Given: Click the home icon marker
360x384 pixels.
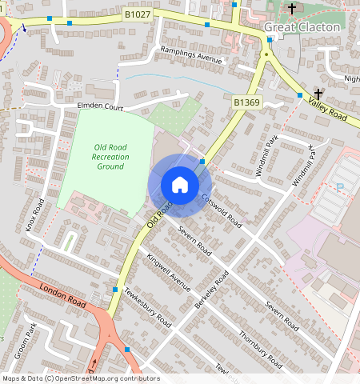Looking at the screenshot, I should point(180,185).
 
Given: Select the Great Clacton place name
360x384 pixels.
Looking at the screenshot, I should point(302,27).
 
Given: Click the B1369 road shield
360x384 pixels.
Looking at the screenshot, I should point(247,102).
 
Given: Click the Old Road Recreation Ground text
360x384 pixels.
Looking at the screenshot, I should point(110,156).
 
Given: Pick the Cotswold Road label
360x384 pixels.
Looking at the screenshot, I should point(221,210).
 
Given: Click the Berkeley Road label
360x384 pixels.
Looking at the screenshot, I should point(211,290).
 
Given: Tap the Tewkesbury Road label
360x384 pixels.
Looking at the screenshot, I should point(150,308).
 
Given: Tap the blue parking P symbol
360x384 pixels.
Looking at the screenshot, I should point(340,186).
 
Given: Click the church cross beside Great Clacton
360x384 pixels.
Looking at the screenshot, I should point(292,9).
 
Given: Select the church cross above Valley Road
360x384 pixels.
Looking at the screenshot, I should point(318,93).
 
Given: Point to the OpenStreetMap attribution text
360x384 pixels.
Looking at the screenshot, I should point(80,378).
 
